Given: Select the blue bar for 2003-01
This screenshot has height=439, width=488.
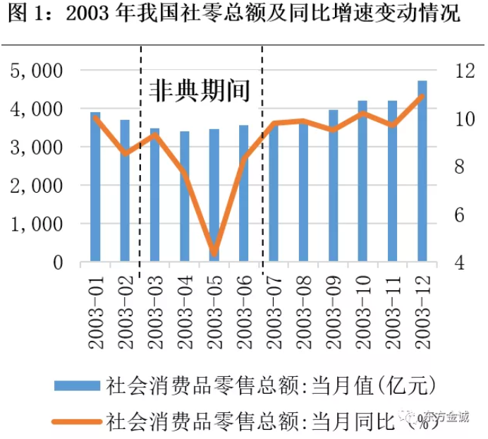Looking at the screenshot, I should (x=95, y=187).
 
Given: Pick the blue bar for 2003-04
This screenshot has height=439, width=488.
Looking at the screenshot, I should (x=184, y=197).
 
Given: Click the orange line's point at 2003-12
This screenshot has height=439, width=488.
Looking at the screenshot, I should (x=422, y=96).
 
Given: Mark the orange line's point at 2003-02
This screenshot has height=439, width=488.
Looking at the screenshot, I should (x=125, y=153).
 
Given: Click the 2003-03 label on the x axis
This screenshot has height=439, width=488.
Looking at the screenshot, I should (x=155, y=311).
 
